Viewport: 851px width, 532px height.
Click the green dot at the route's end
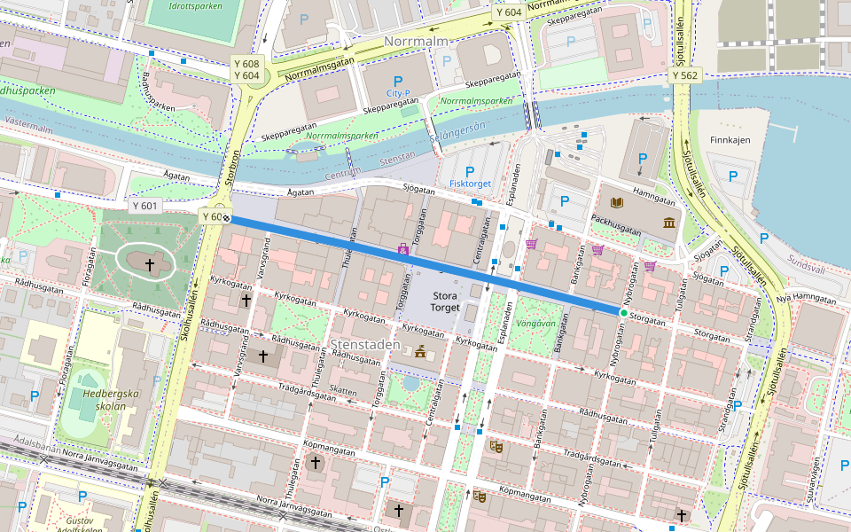coord(624,313)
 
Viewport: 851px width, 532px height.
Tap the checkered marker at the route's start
coord(227,216)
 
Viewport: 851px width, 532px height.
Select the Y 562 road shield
coord(685,76)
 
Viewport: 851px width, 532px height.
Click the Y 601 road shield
coord(144,206)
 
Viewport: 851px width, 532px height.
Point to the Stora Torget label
coord(445,301)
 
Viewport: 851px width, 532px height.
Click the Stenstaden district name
coord(361,343)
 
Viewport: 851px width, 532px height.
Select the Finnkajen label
coord(730,140)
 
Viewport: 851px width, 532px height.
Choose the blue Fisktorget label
coord(470,184)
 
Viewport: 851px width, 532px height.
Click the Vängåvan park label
coord(535,324)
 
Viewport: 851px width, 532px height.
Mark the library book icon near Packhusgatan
coord(616,204)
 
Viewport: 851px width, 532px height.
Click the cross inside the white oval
coord(150,264)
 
